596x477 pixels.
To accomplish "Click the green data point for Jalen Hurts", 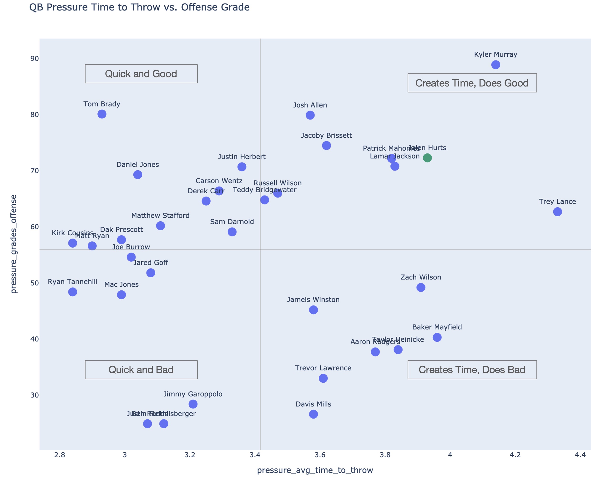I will (427, 158).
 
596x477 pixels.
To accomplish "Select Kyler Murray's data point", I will (496, 65).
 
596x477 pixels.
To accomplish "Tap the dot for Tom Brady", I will (102, 114).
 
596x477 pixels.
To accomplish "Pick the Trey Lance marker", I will (557, 212).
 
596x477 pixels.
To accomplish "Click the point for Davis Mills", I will (313, 414).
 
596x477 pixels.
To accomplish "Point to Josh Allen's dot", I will (310, 115).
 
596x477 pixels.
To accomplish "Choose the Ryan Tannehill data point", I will (72, 292).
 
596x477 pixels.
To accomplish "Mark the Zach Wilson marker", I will (421, 288).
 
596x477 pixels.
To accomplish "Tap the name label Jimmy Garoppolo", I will (193, 394).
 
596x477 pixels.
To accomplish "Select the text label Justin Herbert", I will (242, 157).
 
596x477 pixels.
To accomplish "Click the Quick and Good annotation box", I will (141, 74).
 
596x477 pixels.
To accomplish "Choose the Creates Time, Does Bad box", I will (472, 370).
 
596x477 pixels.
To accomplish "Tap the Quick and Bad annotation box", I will (141, 370).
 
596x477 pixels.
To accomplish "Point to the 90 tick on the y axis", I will (35, 59).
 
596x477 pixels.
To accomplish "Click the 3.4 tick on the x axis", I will (255, 455).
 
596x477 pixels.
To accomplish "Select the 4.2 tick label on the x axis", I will (515, 455).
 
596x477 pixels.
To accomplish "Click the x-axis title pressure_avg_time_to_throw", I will (315, 470).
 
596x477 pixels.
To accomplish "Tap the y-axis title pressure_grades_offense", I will (14, 244).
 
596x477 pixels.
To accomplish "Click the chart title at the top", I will (139, 7).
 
